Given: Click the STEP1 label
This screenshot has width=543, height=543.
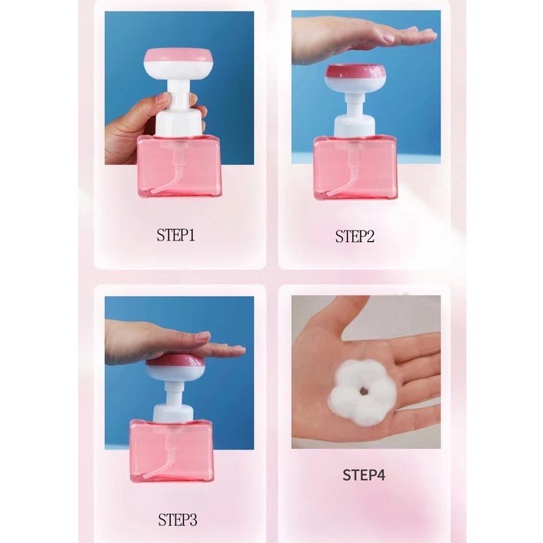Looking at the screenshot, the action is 175,235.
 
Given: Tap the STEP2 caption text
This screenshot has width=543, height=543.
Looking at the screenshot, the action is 355,237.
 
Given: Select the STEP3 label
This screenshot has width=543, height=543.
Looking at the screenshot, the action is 178,519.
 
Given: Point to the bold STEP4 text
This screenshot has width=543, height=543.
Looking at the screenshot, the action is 364,475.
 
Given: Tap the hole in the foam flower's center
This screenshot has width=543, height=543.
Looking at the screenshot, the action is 363,391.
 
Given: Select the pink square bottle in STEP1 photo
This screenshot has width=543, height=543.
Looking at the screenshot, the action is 179,166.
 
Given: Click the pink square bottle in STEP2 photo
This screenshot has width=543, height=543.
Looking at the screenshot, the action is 355,168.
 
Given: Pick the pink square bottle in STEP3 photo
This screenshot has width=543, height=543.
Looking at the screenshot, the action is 172,451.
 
